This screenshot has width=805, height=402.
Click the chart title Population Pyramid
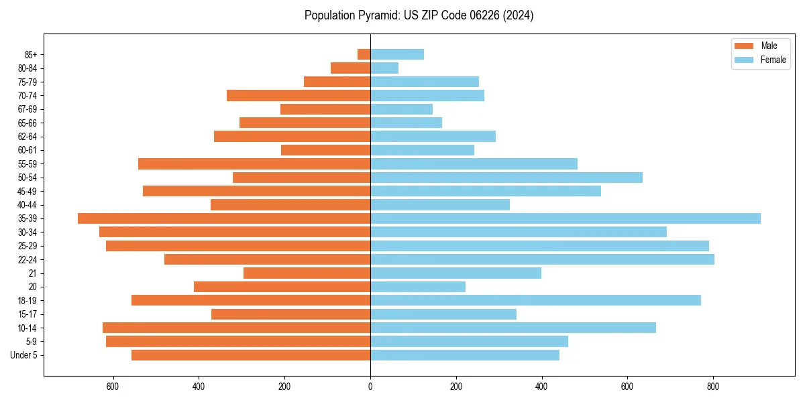click(x=419, y=15)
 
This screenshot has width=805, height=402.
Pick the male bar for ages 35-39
click(x=224, y=218)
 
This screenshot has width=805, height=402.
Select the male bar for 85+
click(x=364, y=54)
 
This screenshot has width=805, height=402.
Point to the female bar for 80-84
click(x=384, y=68)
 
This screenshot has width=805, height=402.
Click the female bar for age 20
click(x=418, y=287)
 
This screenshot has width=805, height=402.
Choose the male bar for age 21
click(x=307, y=273)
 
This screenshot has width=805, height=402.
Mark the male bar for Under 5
click(x=251, y=355)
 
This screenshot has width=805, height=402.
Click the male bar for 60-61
click(x=325, y=150)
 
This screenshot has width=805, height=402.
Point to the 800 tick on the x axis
click(x=713, y=387)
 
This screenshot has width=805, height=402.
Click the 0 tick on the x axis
click(x=370, y=387)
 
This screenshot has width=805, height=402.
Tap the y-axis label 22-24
click(x=27, y=259)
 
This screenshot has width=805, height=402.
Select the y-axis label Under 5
click(x=24, y=355)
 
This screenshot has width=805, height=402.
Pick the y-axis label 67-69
click(x=27, y=109)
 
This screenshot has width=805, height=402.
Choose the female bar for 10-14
click(x=513, y=328)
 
